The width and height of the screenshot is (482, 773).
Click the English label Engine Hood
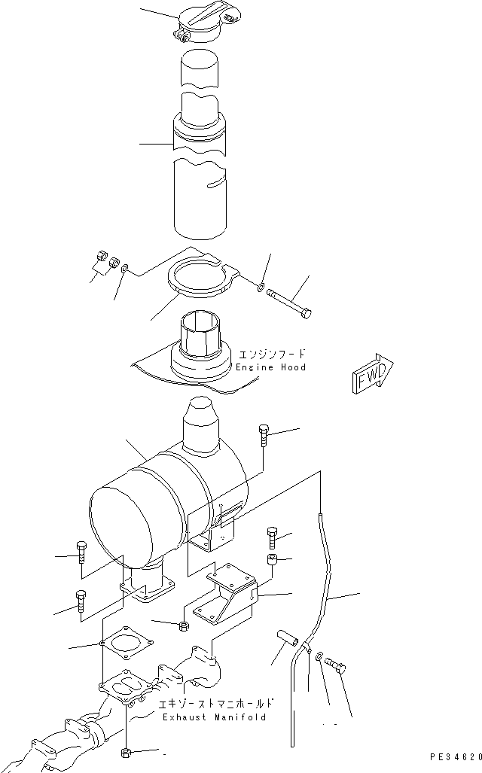[x=270, y=367]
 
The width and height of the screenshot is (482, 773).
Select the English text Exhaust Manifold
[x=214, y=718]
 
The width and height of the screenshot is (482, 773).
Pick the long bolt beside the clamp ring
[x=289, y=300]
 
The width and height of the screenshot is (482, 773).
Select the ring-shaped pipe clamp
[x=198, y=276]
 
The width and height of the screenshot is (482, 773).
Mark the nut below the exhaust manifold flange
[x=125, y=752]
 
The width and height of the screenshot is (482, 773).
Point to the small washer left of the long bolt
[x=261, y=286]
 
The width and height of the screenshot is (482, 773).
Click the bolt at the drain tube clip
[x=337, y=666]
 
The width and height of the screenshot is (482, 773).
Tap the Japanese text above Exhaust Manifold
[x=215, y=705]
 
